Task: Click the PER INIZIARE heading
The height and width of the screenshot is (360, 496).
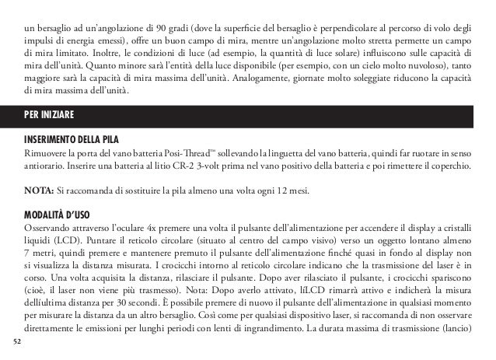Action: [48, 114]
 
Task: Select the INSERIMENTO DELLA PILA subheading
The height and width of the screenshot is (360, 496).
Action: [74, 138]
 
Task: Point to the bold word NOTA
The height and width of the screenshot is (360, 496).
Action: [37, 190]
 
